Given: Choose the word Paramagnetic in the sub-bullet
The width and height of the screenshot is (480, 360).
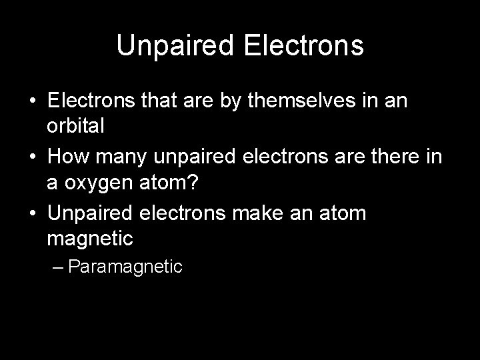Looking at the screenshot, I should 125,267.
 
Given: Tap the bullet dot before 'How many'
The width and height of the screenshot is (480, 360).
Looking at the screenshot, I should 33,158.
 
